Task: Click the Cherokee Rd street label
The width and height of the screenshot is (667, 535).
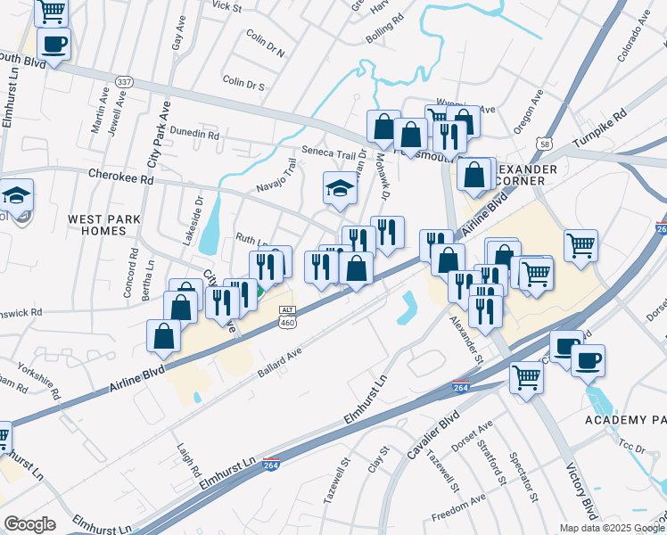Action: point(120,178)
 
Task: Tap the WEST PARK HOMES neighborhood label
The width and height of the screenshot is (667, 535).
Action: point(97,224)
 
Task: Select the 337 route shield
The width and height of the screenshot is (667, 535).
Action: point(125,82)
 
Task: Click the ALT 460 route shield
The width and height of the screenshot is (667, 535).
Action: point(287,317)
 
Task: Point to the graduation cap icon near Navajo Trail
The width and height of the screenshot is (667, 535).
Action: point(339,189)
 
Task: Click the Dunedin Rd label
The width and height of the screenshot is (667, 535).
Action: point(194,135)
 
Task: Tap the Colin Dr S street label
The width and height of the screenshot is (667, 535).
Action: point(243,85)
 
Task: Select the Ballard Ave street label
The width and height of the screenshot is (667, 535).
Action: point(280,360)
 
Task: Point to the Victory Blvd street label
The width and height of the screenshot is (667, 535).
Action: point(581,490)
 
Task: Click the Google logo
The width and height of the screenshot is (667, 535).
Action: point(29,523)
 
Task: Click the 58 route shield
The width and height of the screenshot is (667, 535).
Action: point(543,143)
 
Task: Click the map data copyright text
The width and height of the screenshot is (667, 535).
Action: point(611,528)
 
